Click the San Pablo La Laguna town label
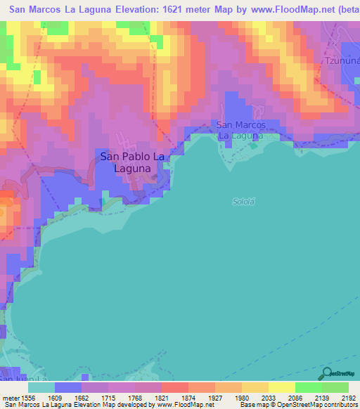coord(133,162)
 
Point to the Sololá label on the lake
coord(243,202)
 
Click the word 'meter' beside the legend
coord(12,398)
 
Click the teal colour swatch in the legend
coord(41,387)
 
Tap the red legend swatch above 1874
coord(174,387)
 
